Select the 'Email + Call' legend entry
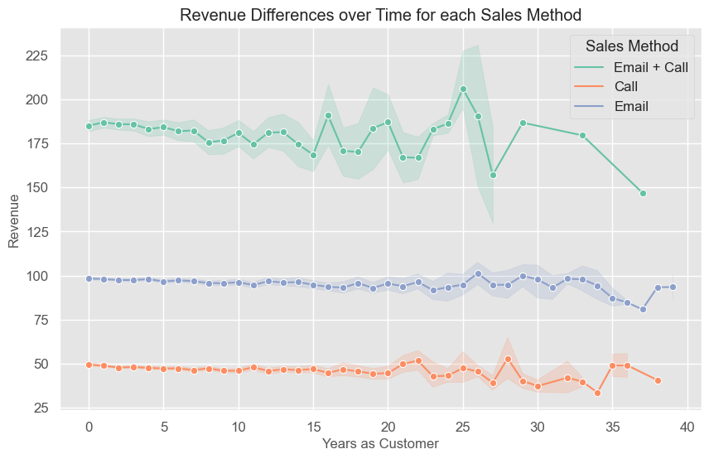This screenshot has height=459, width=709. tap(650, 67)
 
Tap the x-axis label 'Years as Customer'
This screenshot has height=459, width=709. tap(380, 444)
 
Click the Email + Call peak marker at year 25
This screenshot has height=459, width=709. tap(463, 89)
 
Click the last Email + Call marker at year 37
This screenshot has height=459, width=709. tap(643, 193)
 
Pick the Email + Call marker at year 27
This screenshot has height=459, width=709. tap(493, 175)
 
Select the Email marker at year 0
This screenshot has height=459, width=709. tap(89, 278)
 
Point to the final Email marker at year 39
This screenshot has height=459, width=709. tap(673, 287)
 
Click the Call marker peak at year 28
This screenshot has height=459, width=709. tap(508, 359)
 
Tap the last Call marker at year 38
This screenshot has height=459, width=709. tap(658, 380)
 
